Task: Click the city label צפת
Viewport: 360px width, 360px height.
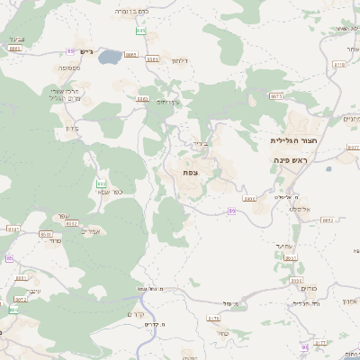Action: tap(190, 172)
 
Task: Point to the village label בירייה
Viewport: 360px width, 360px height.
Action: tap(199, 143)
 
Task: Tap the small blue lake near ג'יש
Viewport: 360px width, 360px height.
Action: tap(110, 58)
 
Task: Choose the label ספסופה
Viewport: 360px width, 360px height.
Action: tap(72, 67)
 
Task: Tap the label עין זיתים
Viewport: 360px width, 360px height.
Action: tap(167, 102)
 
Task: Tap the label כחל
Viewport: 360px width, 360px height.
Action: tap(233, 303)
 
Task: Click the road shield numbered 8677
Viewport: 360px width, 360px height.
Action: tap(276, 95)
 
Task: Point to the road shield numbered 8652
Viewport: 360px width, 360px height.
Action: tap(327, 220)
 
